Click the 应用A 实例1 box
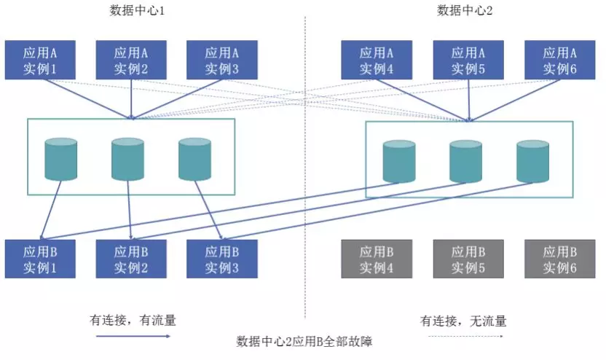click(40, 60)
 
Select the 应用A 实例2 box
click(131, 60)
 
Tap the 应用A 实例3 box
click(222, 60)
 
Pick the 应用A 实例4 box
click(377, 60)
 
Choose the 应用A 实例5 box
click(468, 60)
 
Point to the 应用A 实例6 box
click(560, 60)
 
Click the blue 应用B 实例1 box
click(40, 259)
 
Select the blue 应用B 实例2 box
click(131, 259)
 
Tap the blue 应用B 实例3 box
click(222, 259)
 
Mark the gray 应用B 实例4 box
click(377, 259)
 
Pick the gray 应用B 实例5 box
click(468, 259)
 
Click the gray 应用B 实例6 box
click(560, 259)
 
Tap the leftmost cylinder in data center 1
click(61, 159)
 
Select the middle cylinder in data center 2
click(466, 163)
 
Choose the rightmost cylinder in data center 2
click(532, 163)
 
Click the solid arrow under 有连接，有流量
click(133, 337)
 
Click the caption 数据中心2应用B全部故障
click(305, 341)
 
